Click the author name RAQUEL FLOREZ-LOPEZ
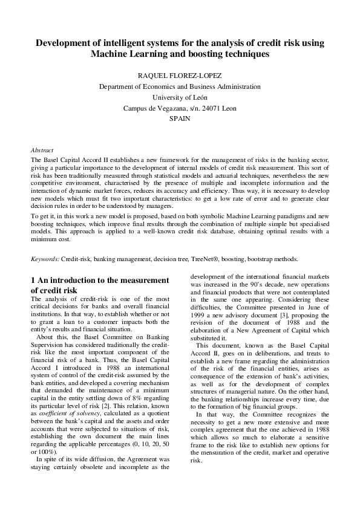(180, 76)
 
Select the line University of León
(180, 98)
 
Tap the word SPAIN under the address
(180, 119)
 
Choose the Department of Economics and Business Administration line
(180, 87)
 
